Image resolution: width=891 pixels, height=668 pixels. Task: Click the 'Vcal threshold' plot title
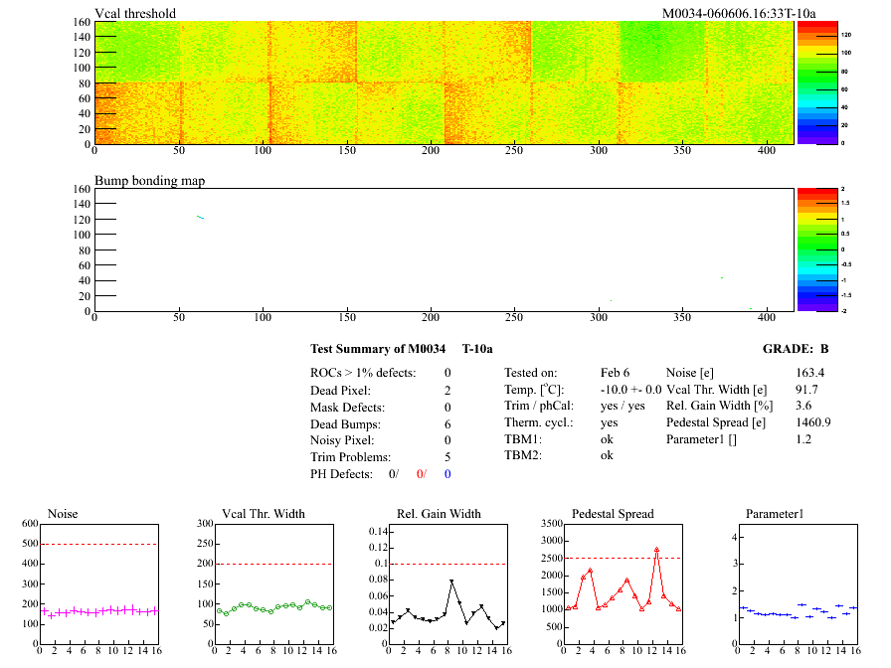coord(135,13)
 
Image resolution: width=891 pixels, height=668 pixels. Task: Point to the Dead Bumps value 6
coord(447,423)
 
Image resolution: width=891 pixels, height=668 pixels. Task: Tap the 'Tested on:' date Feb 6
coord(616,372)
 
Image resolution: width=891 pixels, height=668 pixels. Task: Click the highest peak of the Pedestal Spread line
coord(656,549)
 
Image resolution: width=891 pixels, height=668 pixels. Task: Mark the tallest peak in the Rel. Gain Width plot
coord(451,582)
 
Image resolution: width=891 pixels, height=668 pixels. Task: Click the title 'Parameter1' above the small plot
coord(774,514)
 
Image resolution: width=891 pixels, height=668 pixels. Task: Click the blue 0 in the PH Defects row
coord(447,473)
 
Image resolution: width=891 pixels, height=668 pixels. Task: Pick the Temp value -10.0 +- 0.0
coord(631,389)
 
